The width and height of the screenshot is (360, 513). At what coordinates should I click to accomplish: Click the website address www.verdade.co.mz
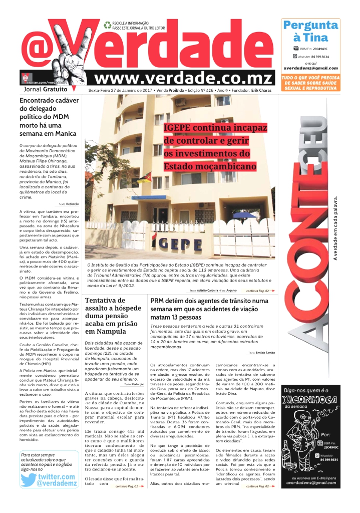(x=183, y=79)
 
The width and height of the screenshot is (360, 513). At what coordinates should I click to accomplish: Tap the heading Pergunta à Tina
(x=310, y=31)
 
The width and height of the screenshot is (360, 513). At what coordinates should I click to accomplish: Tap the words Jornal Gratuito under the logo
(x=46, y=89)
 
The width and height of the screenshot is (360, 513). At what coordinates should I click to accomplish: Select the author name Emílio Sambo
(x=265, y=352)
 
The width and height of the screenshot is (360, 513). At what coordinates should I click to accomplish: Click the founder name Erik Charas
(x=263, y=90)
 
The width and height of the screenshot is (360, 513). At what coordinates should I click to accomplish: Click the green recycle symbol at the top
(x=107, y=25)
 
